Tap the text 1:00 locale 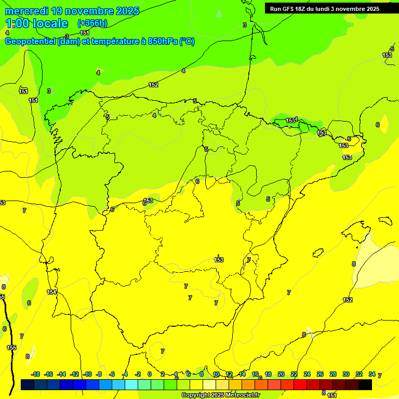tap(36, 23)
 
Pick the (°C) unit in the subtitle tap(187, 42)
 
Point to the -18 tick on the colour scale tap(35, 375)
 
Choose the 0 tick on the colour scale tap(150, 375)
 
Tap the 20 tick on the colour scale tap(281, 375)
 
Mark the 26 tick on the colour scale tap(320, 375)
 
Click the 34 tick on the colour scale tap(372, 375)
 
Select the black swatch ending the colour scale tap(365, 384)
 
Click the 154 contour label tap(51, 292)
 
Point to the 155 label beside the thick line tap(11, 348)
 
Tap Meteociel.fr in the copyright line tap(241, 395)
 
